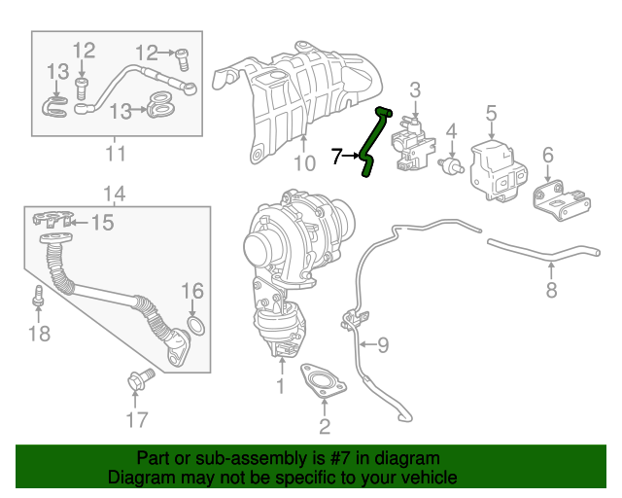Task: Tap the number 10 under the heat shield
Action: pyautogui.click(x=304, y=163)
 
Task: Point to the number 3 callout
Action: pyautogui.click(x=415, y=90)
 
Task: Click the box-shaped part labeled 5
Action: pyautogui.click(x=498, y=169)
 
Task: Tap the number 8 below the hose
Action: pyautogui.click(x=550, y=289)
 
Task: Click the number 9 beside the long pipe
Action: pyautogui.click(x=381, y=343)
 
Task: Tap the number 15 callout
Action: pyautogui.click(x=101, y=223)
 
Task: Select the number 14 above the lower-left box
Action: pyautogui.click(x=115, y=193)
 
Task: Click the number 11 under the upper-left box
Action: pyautogui.click(x=116, y=154)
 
